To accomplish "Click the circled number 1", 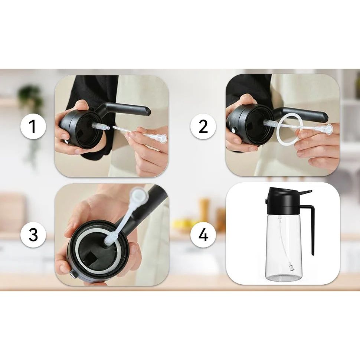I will (33, 127).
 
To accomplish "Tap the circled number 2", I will (203, 127).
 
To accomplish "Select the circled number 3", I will (33, 235).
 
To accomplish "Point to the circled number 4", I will (203, 235).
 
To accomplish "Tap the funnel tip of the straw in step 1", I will (162, 139).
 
